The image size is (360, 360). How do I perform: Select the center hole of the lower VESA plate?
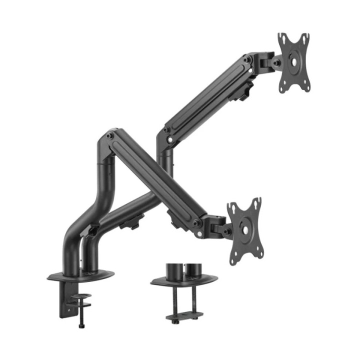tap(245, 228)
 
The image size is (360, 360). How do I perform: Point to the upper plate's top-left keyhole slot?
tap(282, 38)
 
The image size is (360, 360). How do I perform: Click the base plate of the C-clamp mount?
tap(80, 275)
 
